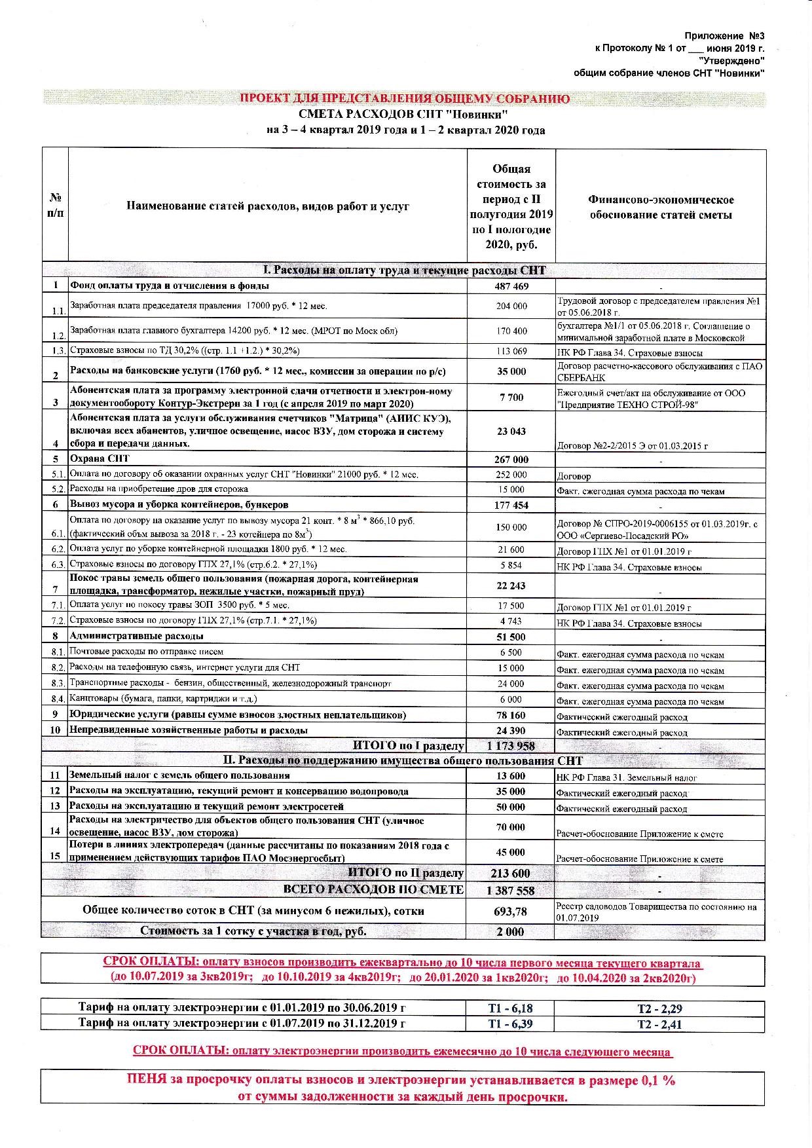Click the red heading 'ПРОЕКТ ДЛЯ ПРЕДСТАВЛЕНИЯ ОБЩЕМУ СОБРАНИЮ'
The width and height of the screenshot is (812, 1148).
(404, 99)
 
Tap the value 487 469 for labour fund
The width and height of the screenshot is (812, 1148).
(511, 286)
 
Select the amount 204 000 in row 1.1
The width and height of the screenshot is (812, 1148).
(511, 306)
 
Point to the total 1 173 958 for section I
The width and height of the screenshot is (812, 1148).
(511, 746)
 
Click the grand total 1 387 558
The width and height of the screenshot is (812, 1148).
(511, 891)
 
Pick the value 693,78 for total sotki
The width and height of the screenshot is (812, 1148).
(511, 911)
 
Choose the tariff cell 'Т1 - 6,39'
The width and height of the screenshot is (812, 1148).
(510, 1024)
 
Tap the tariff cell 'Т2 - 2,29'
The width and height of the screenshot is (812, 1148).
(659, 1009)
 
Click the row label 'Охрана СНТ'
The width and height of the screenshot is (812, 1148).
(100, 458)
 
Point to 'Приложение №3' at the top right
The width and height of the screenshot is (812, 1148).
(724, 35)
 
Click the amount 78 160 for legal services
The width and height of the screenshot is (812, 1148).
(511, 715)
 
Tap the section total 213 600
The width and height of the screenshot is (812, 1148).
(511, 874)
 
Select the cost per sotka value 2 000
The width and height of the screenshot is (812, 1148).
(511, 931)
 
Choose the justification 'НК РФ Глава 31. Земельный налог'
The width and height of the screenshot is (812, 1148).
(627, 778)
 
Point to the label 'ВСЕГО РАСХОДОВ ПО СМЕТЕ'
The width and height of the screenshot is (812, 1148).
(373, 890)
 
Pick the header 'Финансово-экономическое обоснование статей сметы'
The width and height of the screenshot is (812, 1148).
(660, 208)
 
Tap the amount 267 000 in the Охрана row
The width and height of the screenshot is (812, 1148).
(511, 460)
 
